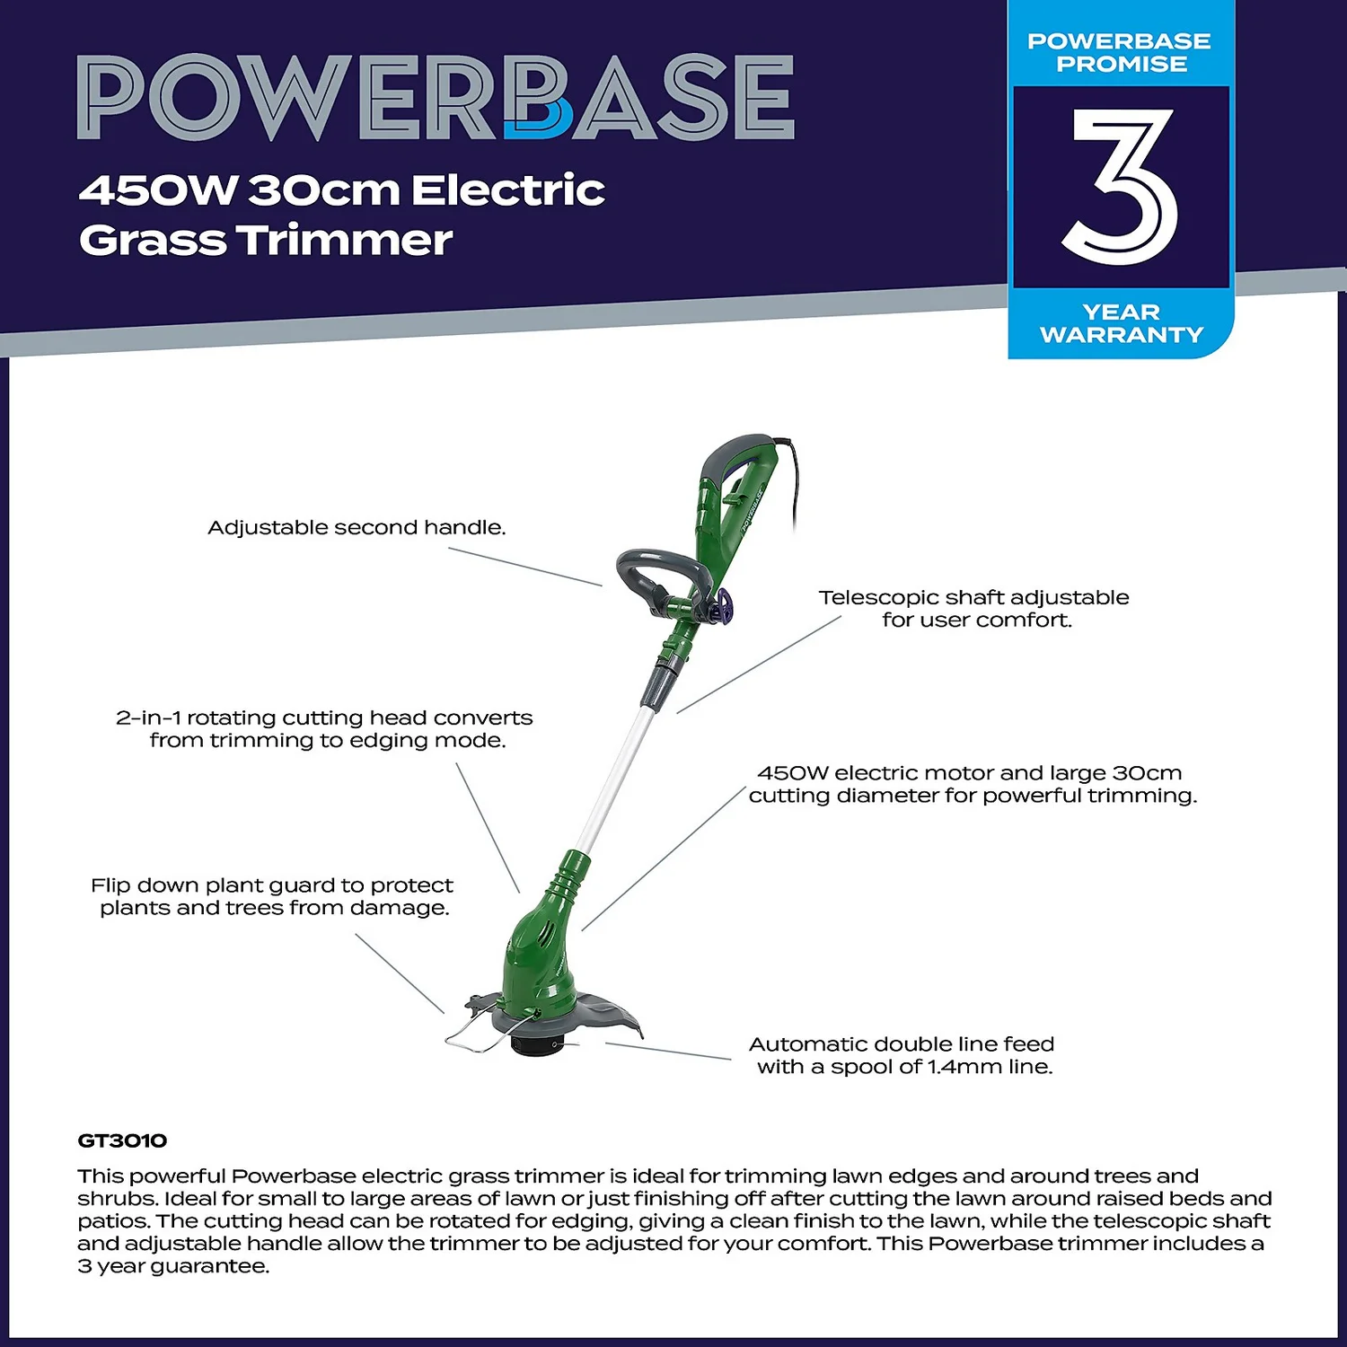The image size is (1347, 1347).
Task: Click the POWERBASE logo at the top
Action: coord(436,97)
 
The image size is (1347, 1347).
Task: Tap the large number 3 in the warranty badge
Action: coord(1121,186)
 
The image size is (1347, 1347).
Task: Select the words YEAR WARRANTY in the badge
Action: coord(1121,323)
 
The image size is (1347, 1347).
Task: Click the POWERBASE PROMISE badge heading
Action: coord(1119,52)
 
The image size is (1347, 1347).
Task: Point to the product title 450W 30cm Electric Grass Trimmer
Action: coord(341,215)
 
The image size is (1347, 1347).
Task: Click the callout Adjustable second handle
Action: coord(357,527)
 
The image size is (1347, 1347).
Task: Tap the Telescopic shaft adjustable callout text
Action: coord(974,608)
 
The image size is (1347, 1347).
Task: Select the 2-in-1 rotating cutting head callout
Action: coord(324,728)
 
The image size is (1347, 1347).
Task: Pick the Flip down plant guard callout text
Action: coord(272,896)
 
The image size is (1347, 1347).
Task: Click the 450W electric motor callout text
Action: coord(973,784)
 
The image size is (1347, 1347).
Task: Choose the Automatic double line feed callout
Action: coord(902,1055)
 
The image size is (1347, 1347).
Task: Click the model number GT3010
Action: coord(122,1140)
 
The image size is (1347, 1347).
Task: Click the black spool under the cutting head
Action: coord(537,1044)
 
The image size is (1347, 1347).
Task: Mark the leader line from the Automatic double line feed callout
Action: coord(668,1051)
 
